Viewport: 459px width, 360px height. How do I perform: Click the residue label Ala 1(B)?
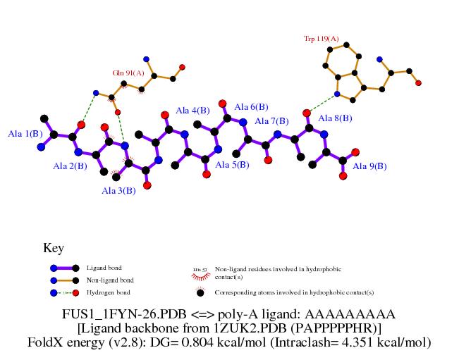tap(25, 133)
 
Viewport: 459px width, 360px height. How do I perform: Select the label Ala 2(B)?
tap(71, 166)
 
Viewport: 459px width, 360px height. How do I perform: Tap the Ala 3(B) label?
tap(118, 191)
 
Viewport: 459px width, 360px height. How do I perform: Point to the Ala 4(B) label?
tap(192, 110)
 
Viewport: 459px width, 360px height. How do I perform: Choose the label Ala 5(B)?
tap(232, 165)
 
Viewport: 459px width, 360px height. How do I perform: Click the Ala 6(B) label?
tap(250, 107)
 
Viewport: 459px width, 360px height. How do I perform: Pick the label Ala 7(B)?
tap(271, 121)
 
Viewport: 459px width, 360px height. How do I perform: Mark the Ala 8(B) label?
tap(336, 118)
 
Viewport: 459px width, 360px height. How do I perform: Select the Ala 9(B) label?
tap(369, 166)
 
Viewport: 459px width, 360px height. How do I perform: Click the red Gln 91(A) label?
tap(128, 73)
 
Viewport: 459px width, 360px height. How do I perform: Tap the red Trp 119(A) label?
tap(321, 39)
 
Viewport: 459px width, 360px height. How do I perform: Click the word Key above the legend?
tap(54, 248)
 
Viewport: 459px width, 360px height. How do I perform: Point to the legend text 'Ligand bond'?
tap(104, 268)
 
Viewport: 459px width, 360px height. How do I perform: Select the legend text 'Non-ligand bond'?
tap(109, 280)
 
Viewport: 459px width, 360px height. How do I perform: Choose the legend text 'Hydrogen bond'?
tap(108, 292)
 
